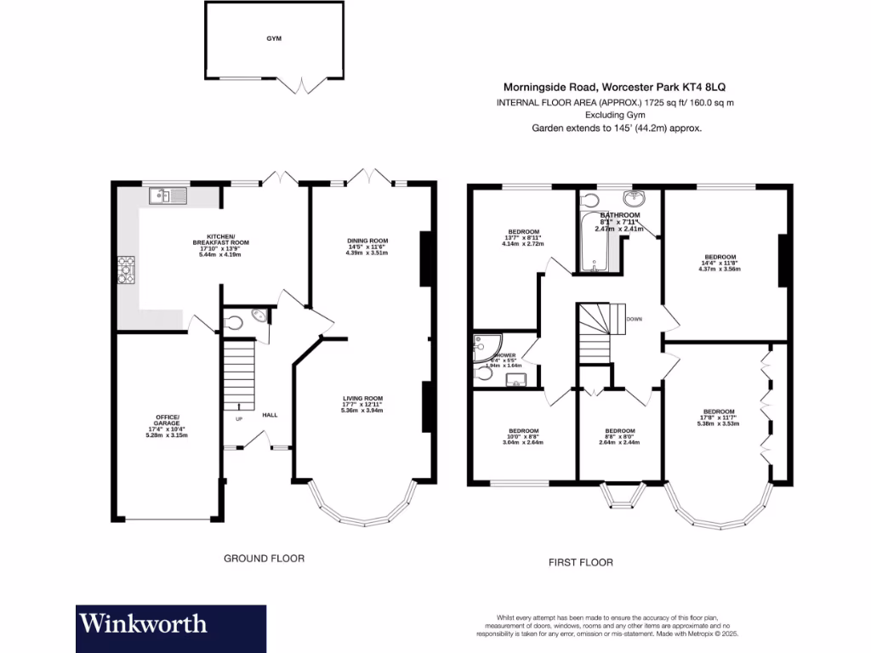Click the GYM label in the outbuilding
click(273, 39)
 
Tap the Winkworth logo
click(143, 623)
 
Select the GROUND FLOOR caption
click(264, 559)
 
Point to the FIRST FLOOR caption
click(581, 562)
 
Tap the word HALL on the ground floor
click(270, 415)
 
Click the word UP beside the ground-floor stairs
click(239, 419)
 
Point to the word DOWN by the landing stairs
click(635, 320)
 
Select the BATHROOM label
click(618, 217)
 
